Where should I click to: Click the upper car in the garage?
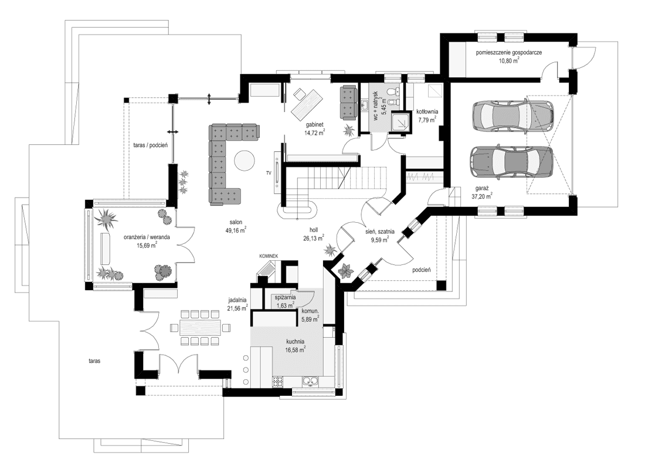(x=512, y=115)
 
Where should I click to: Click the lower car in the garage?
(x=511, y=161)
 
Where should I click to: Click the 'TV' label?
(x=269, y=173)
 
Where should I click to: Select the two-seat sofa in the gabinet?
(x=348, y=101)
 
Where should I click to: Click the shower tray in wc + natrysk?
(x=401, y=121)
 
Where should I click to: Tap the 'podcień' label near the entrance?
(x=422, y=270)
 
